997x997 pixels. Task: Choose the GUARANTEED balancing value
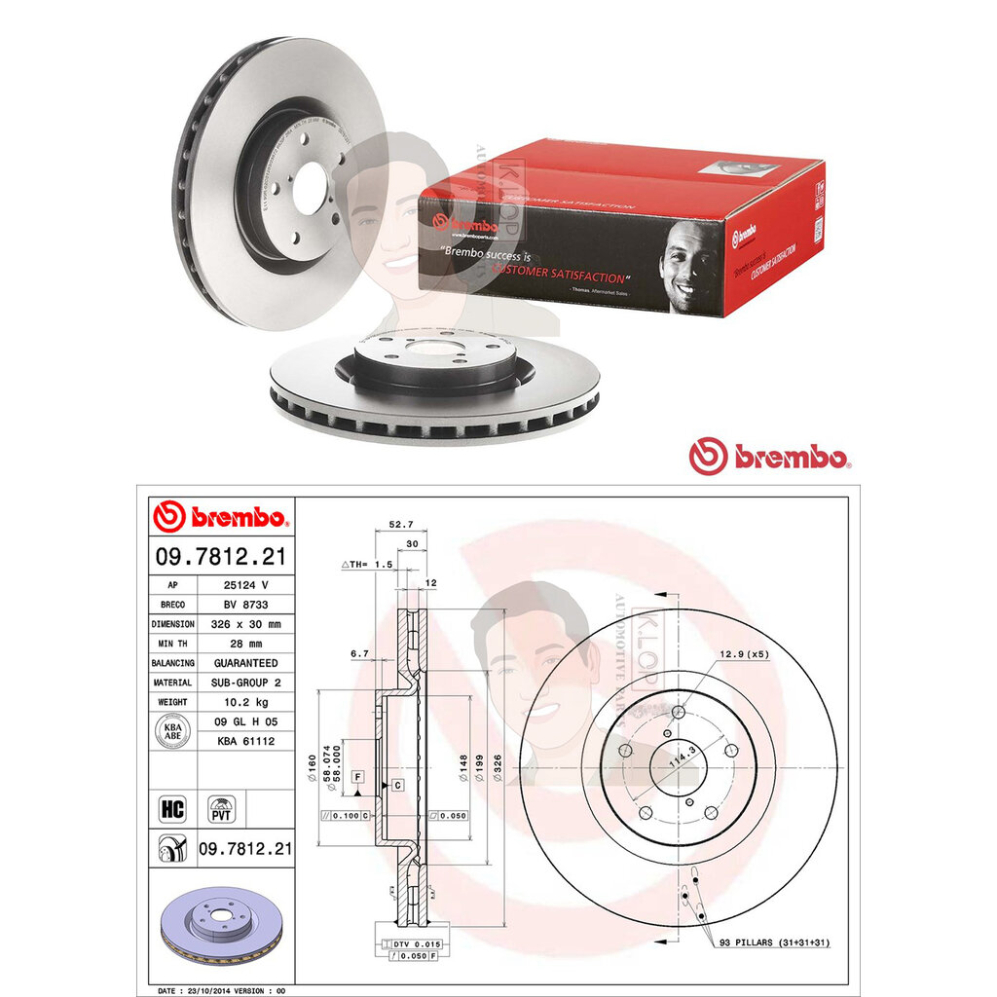243,663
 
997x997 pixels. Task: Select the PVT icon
222,807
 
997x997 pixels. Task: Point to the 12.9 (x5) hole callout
744,654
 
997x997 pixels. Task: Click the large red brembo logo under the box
769,456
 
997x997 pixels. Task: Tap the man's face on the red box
688,262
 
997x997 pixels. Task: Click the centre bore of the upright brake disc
310,189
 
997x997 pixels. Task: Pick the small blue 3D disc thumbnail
220,922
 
